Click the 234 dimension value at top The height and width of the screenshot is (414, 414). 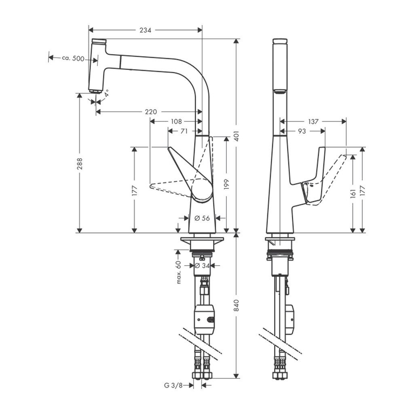(x=145, y=30)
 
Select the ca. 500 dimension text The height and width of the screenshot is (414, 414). (x=73, y=58)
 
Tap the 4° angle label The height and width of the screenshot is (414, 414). (x=106, y=94)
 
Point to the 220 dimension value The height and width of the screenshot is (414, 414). (x=150, y=112)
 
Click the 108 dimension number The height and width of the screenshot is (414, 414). (x=176, y=121)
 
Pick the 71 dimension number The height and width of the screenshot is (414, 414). (x=184, y=131)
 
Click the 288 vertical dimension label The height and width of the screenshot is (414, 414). (x=80, y=163)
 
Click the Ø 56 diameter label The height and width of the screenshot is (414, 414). (x=202, y=218)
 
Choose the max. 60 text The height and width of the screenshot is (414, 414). (x=178, y=272)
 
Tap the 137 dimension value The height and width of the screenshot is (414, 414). (x=314, y=121)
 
